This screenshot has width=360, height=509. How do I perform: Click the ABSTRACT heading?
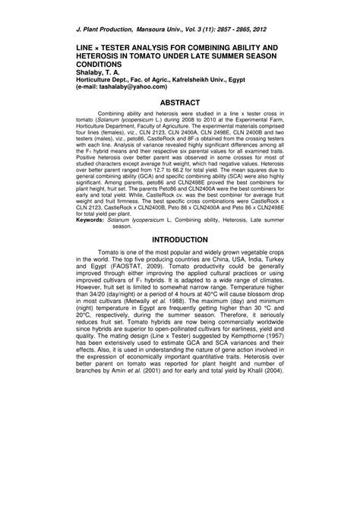[180, 102]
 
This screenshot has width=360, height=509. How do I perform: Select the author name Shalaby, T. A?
[99, 73]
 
